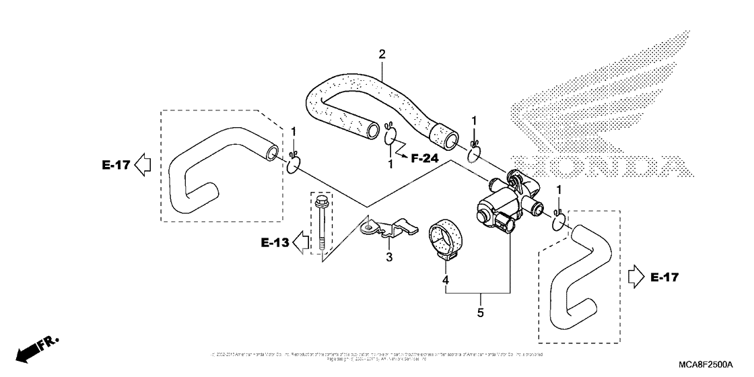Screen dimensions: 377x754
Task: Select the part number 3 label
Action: click(388, 256)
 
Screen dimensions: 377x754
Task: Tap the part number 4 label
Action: click(445, 279)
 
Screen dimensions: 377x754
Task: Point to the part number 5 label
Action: click(480, 312)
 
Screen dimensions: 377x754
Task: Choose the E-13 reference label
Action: click(275, 242)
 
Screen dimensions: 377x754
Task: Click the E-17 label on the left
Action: click(116, 164)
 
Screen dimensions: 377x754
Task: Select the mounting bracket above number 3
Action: click(389, 228)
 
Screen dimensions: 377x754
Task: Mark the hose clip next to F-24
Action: click(390, 137)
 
